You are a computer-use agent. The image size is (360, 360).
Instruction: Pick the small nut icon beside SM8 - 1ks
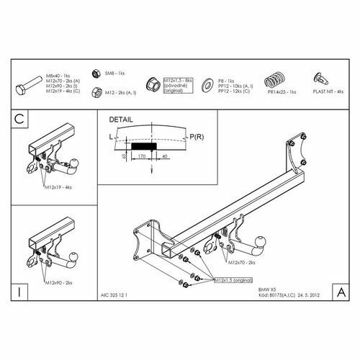[x=95, y=73]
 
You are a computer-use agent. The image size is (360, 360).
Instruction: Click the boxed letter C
[x=19, y=120]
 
